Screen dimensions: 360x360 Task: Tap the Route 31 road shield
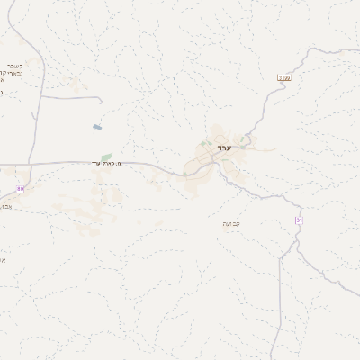(x=299, y=221)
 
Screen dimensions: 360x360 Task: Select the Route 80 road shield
(x=21, y=188)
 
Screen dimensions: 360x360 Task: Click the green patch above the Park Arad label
(x=107, y=157)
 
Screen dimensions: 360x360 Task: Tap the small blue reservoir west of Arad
(x=96, y=128)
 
